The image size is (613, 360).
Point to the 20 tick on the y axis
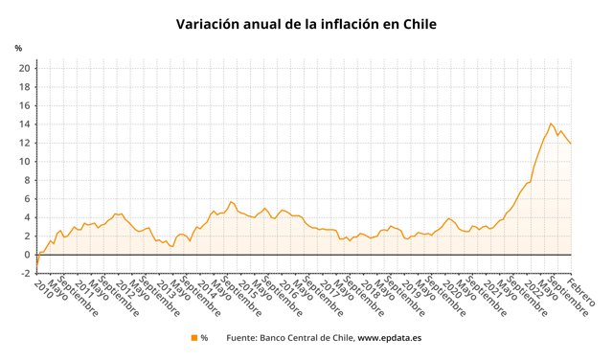pos(23,68)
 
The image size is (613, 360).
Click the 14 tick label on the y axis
pos(23,124)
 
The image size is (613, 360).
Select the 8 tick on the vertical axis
pos(26,180)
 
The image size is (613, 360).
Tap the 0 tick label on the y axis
pos(26,255)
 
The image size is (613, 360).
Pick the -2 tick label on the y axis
pos(24,274)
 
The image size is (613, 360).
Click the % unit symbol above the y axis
pos(18,48)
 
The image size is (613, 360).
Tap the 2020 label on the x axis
pos(452,286)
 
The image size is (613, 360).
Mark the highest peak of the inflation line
pos(551,124)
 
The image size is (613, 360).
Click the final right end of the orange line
pos(571,144)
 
